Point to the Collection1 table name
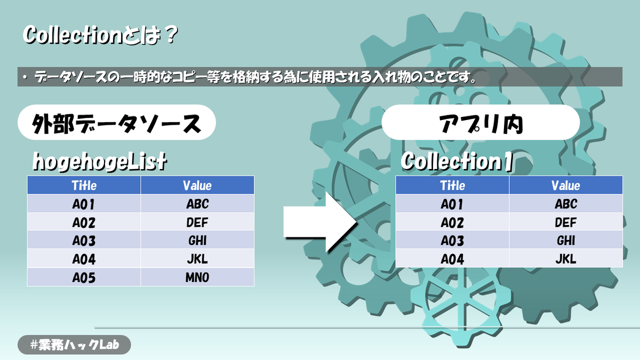point(457,161)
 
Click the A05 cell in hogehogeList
point(84,277)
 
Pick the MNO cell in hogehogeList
point(197,277)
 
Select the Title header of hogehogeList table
point(84,185)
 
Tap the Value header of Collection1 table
point(566,186)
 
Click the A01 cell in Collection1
point(452,204)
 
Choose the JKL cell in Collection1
point(566,259)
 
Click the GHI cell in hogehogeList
point(197,240)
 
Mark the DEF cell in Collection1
point(566,222)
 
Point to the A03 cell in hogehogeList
point(84,240)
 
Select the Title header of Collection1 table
point(452,186)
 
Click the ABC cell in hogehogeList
point(197,204)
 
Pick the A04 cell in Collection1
point(452,259)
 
